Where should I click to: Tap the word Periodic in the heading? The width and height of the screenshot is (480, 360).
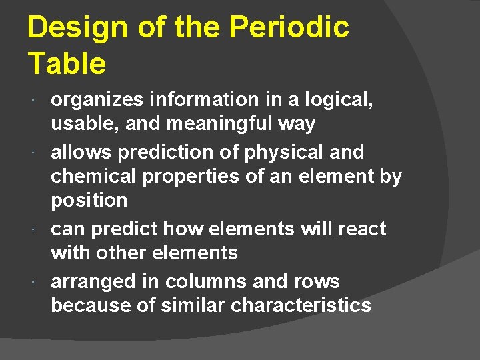click(288, 28)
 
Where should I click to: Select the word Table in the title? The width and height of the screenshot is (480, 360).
click(67, 64)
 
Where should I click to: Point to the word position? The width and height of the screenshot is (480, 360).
click(89, 201)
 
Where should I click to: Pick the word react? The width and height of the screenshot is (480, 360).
click(363, 229)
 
